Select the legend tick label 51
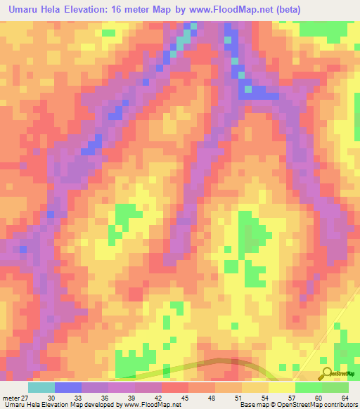[238, 397]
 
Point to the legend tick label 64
[345, 397]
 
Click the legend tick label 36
[105, 397]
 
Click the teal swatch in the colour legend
[41, 387]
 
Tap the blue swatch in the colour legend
[68, 387]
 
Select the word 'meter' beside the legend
[11, 397]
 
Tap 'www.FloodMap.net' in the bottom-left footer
[147, 405]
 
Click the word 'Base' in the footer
[247, 405]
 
